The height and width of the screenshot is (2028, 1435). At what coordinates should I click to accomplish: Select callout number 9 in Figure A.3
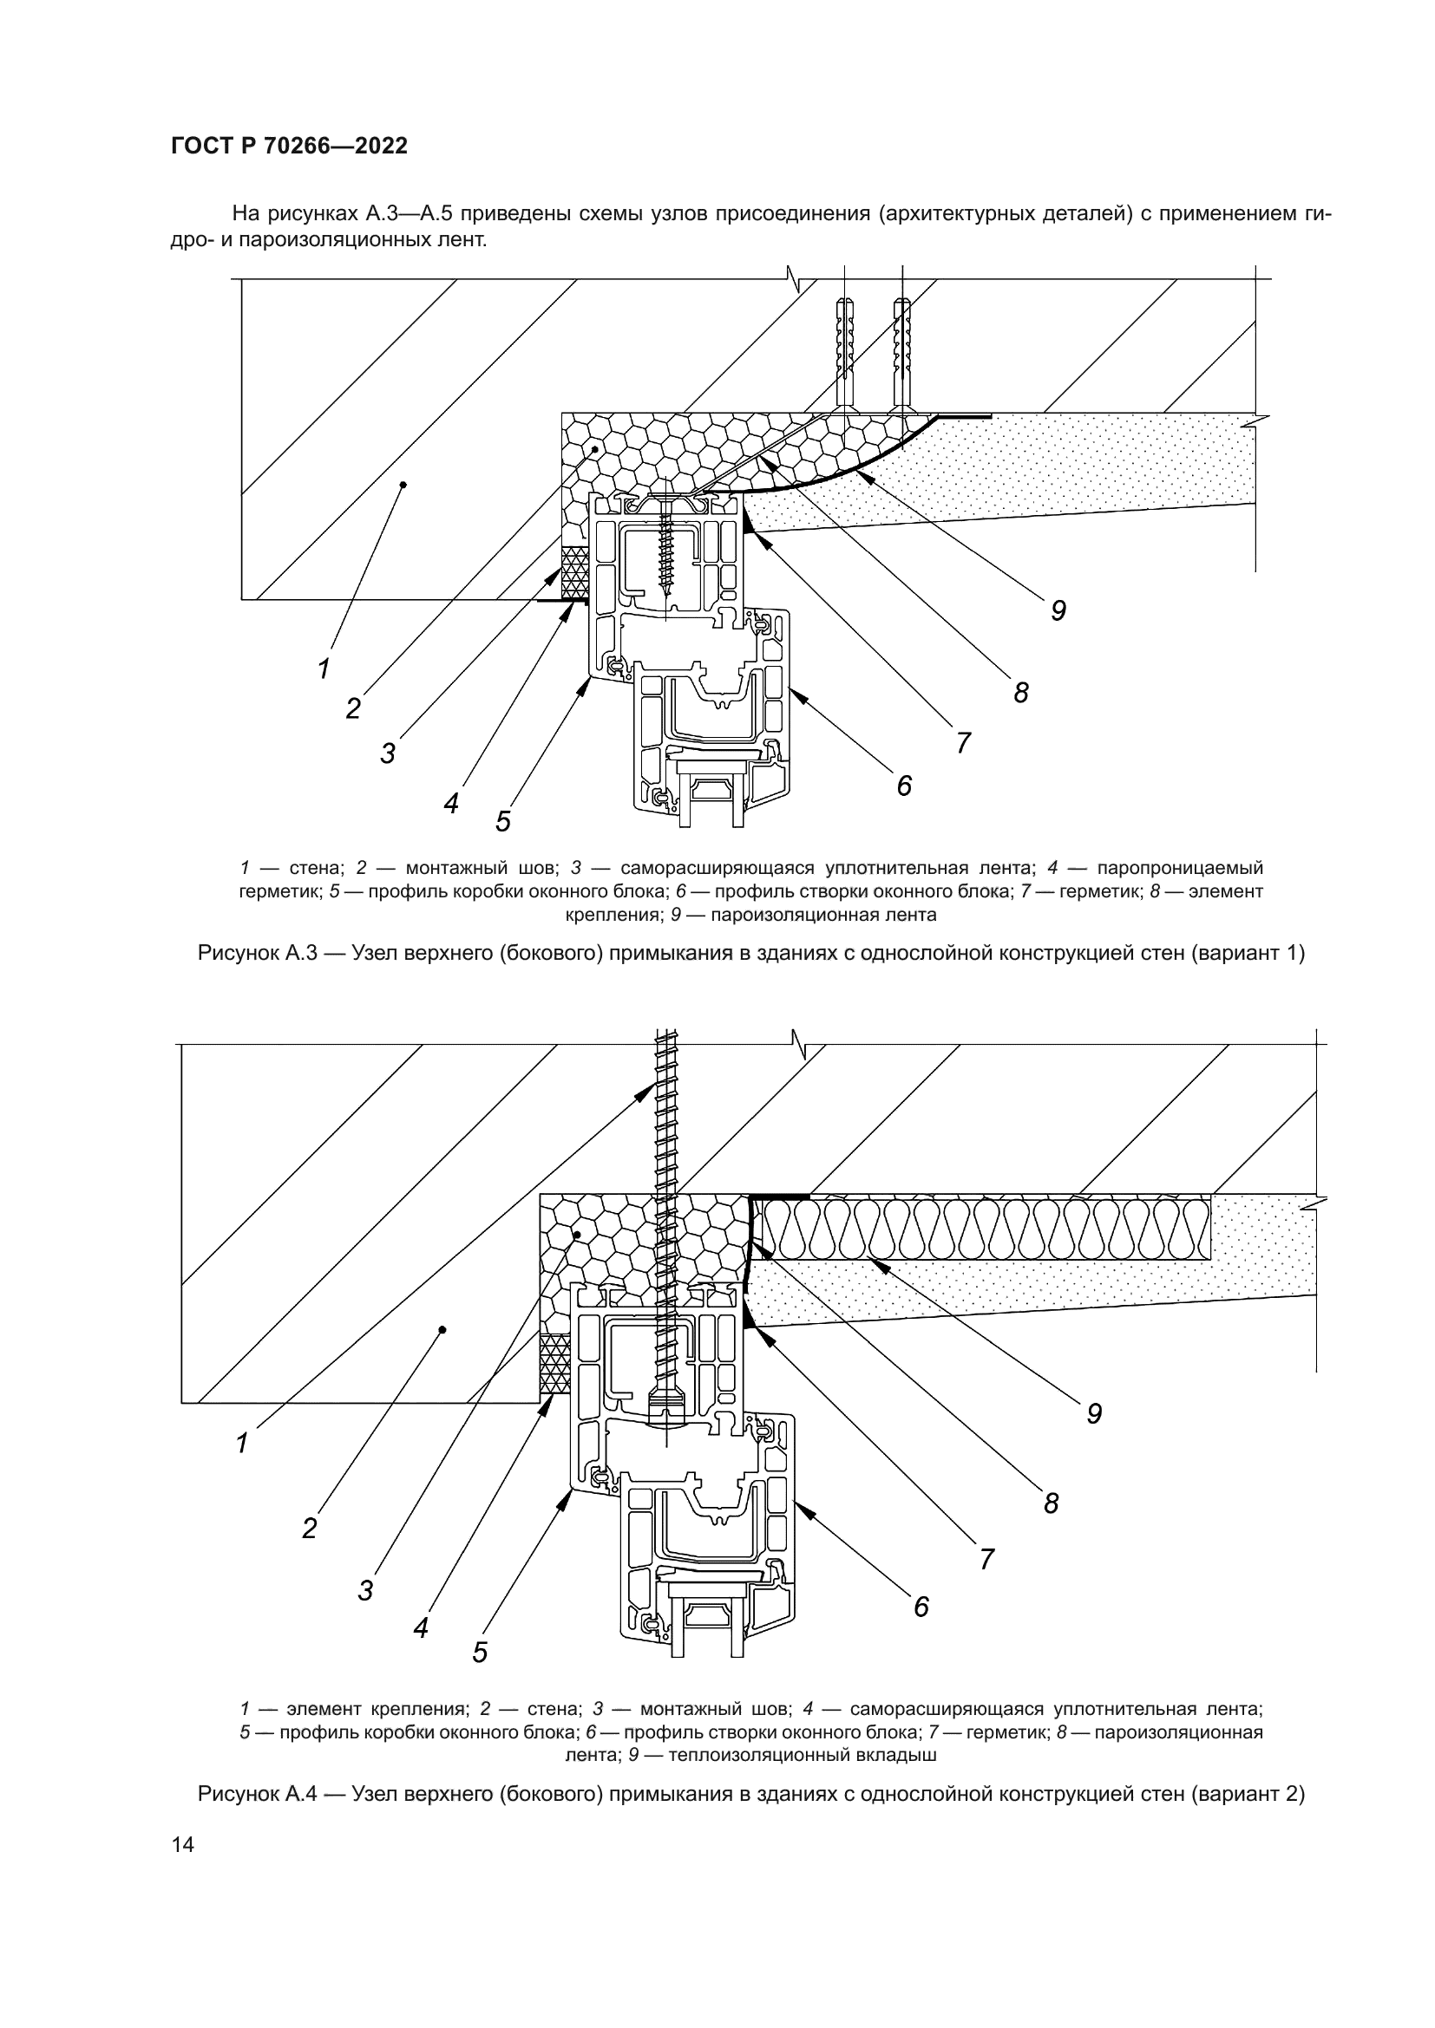click(x=1058, y=610)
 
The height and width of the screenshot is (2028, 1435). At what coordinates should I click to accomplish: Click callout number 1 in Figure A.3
click(x=324, y=668)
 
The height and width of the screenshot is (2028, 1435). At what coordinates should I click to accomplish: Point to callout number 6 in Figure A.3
click(x=903, y=786)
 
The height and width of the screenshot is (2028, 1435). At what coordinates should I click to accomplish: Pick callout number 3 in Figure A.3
click(x=388, y=754)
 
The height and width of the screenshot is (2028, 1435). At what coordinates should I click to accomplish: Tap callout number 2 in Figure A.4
click(x=309, y=1529)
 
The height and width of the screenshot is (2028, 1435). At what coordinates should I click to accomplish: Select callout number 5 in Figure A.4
click(x=480, y=1653)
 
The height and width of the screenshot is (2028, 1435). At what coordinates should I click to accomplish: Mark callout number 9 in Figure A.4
click(x=1094, y=1414)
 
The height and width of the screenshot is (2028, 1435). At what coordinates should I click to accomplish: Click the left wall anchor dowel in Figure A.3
click(x=844, y=353)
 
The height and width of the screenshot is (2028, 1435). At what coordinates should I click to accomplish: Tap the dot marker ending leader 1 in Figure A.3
click(x=403, y=484)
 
